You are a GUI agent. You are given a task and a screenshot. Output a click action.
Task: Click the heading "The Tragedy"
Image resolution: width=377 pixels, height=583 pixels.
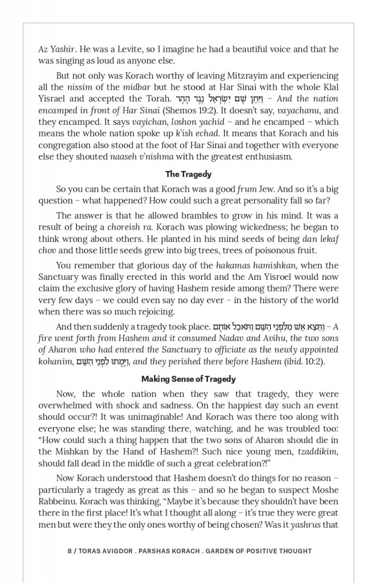coord(188,174)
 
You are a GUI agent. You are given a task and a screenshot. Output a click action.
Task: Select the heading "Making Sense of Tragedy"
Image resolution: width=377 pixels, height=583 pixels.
coord(188,379)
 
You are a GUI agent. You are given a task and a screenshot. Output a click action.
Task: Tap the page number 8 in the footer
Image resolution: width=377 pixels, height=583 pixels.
coord(69,551)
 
